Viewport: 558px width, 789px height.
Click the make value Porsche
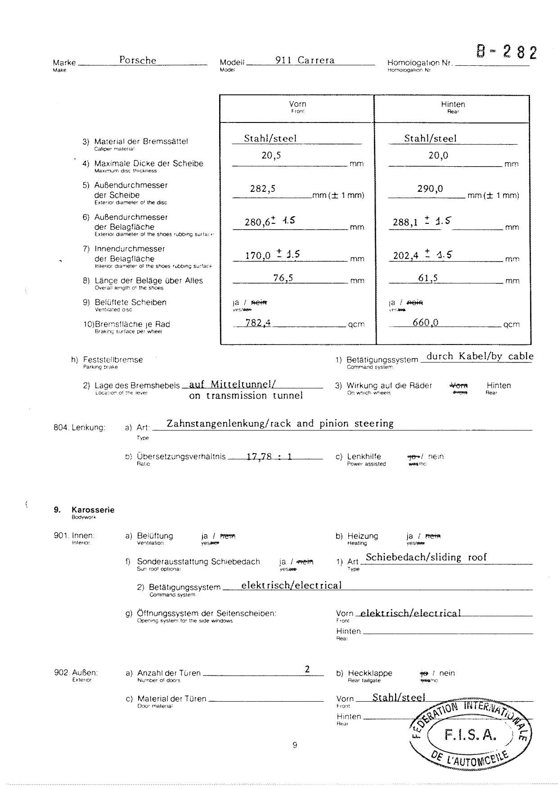click(x=138, y=60)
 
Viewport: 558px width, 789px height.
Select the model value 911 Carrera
click(x=305, y=60)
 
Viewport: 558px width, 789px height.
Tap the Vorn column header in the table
click(x=297, y=104)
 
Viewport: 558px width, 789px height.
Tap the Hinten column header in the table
click(x=453, y=104)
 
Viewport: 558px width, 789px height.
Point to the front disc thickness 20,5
click(x=271, y=156)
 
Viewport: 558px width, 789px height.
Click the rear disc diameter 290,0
click(x=430, y=189)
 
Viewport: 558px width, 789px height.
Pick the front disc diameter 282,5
click(x=263, y=189)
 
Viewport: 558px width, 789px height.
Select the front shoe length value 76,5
click(x=283, y=278)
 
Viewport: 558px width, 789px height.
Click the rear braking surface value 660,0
click(x=425, y=322)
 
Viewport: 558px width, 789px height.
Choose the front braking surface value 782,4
click(x=258, y=322)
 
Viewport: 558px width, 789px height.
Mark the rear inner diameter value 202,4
click(x=406, y=256)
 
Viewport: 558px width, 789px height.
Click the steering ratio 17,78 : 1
click(x=269, y=457)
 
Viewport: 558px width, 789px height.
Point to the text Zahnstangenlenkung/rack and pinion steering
click(x=280, y=424)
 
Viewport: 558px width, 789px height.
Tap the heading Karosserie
click(x=93, y=510)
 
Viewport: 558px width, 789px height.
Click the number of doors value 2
click(x=307, y=669)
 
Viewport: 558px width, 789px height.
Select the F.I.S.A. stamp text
click(x=470, y=735)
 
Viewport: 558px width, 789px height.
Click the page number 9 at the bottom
click(x=295, y=745)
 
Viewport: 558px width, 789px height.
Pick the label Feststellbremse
click(x=113, y=360)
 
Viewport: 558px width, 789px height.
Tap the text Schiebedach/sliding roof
click(x=426, y=558)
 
